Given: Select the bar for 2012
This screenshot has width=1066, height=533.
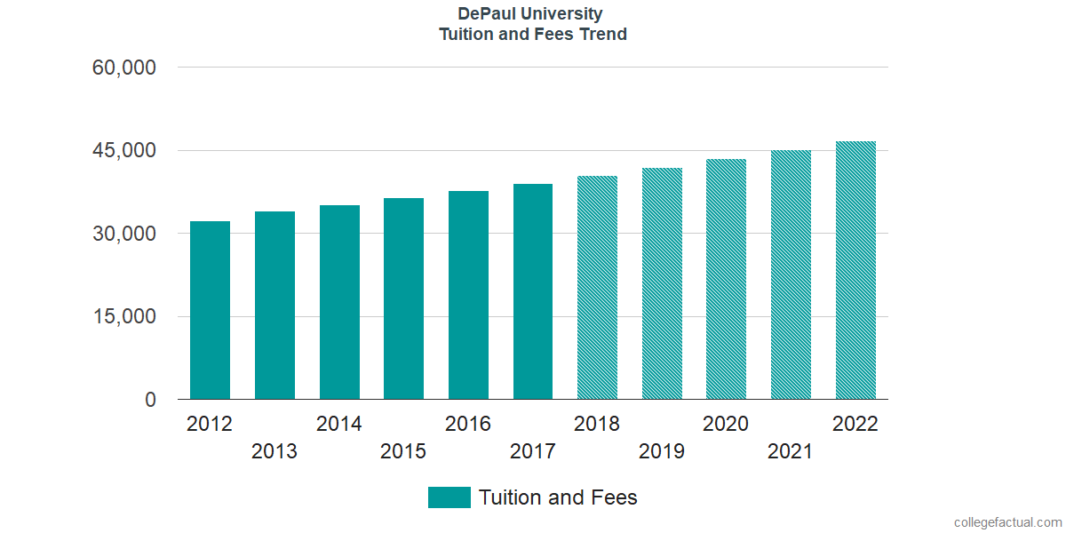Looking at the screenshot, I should [210, 311].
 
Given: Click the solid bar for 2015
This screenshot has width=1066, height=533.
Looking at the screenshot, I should [403, 299].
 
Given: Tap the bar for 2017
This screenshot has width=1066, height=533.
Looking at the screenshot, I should [533, 292].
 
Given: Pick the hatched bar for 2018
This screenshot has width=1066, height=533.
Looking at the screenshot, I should [597, 288].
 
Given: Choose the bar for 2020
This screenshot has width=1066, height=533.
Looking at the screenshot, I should [726, 280].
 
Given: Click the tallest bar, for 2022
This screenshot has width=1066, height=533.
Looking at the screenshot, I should [855, 271].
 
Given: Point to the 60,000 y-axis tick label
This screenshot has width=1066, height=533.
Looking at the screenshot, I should [124, 68].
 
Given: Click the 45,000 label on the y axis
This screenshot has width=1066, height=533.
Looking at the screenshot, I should [124, 151].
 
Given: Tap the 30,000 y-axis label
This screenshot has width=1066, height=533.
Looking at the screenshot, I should [124, 234].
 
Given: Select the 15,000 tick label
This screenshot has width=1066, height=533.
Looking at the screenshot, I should [124, 317].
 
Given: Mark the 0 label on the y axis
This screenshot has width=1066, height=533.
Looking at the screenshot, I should [150, 400].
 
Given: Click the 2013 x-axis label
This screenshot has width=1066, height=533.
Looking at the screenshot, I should [274, 451].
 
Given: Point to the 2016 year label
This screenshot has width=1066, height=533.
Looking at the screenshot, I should [468, 424].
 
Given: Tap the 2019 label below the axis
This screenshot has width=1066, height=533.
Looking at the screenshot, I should [662, 451].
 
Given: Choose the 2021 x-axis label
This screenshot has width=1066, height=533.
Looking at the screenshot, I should [791, 451].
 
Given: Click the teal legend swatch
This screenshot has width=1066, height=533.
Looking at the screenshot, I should [449, 497].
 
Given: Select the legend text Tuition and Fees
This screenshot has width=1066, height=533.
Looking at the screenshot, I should [558, 497].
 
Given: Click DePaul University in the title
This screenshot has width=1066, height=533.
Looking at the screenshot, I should [530, 14].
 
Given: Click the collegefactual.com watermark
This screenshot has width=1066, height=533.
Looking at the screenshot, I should [1007, 522].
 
